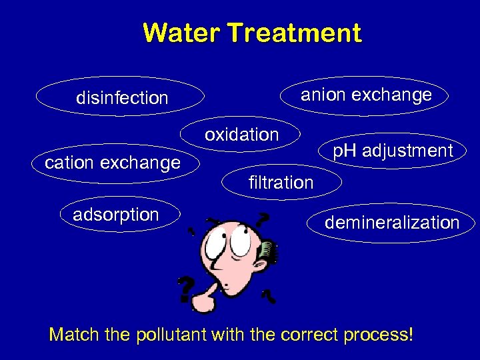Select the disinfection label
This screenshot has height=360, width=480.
tap(122, 99)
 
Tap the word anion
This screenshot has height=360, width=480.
tap(325, 95)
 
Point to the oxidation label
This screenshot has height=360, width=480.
tap(241, 135)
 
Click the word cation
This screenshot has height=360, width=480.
tap(69, 162)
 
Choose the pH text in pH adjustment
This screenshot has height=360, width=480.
tap(345, 151)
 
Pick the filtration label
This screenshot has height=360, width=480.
tap(280, 182)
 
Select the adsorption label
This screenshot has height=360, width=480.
tap(116, 215)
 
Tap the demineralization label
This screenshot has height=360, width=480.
tap(392, 223)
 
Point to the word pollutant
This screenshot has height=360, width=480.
tap(171, 334)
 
